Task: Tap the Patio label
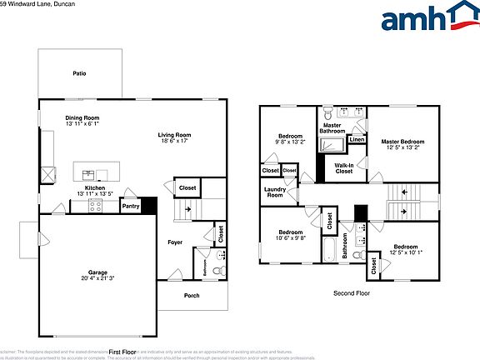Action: coord(78,73)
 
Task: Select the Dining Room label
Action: coord(82,118)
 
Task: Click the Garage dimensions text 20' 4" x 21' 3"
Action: coord(98,278)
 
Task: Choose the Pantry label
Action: coord(131,206)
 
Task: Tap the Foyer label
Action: coord(175,242)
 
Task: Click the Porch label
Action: coord(192,295)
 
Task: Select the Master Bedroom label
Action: coord(402,142)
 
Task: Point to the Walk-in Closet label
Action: coord(343,168)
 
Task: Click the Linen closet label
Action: coord(357,139)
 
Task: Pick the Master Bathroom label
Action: coord(333,128)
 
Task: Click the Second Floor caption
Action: coord(351,292)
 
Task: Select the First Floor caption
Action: coord(122,352)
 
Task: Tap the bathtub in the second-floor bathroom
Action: coord(327,250)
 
